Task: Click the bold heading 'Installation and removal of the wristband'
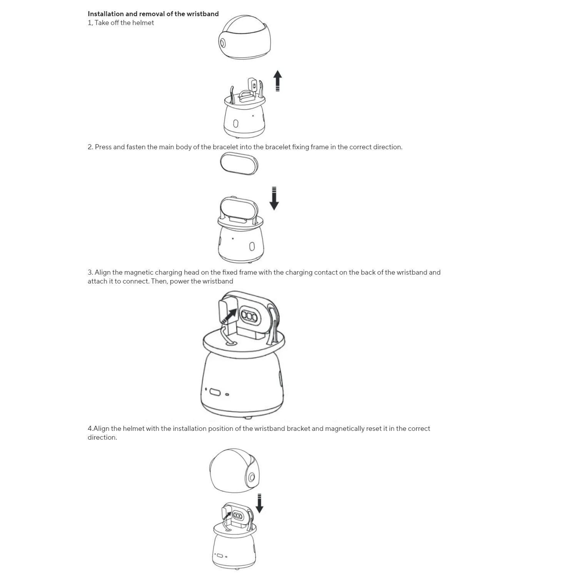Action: [153, 14]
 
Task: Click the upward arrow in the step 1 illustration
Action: [277, 81]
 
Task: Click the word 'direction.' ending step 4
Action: [102, 437]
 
